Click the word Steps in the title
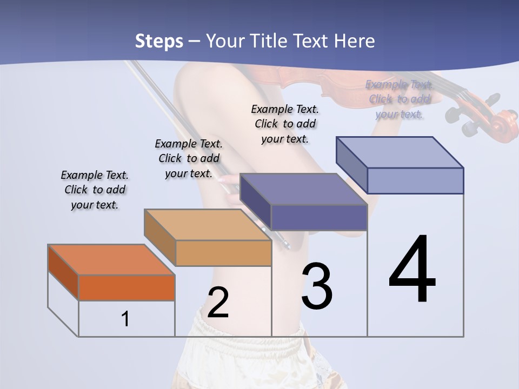(x=159, y=41)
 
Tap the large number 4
(x=412, y=270)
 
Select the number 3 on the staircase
(x=317, y=286)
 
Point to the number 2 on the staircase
(x=218, y=303)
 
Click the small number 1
(x=125, y=319)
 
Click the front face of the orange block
(x=127, y=288)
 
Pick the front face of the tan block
(x=223, y=253)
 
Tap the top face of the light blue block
(x=400, y=152)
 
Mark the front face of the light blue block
(x=415, y=180)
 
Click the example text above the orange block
(x=95, y=190)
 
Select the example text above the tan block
(x=189, y=158)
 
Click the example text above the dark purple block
(x=285, y=124)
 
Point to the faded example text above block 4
(x=399, y=99)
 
